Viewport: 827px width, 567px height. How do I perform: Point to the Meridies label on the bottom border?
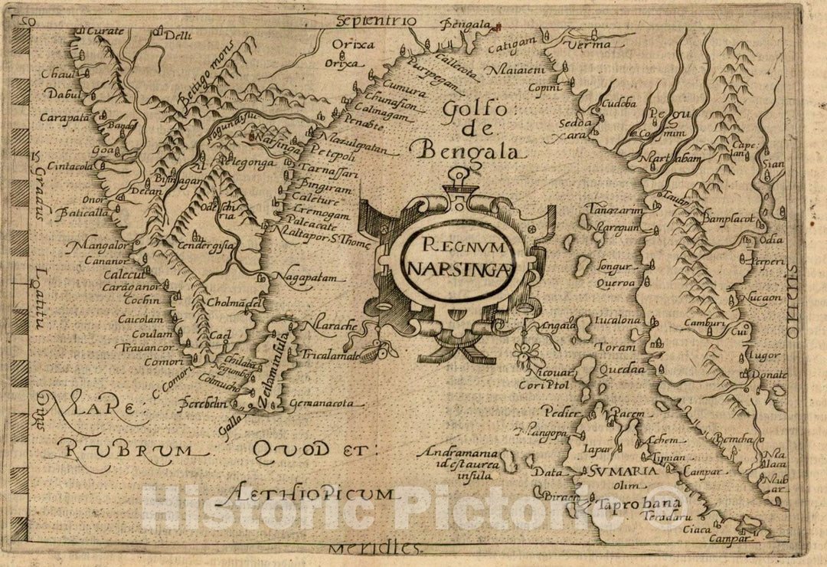[x=376, y=549]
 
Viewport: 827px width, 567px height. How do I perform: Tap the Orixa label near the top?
[x=358, y=44]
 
